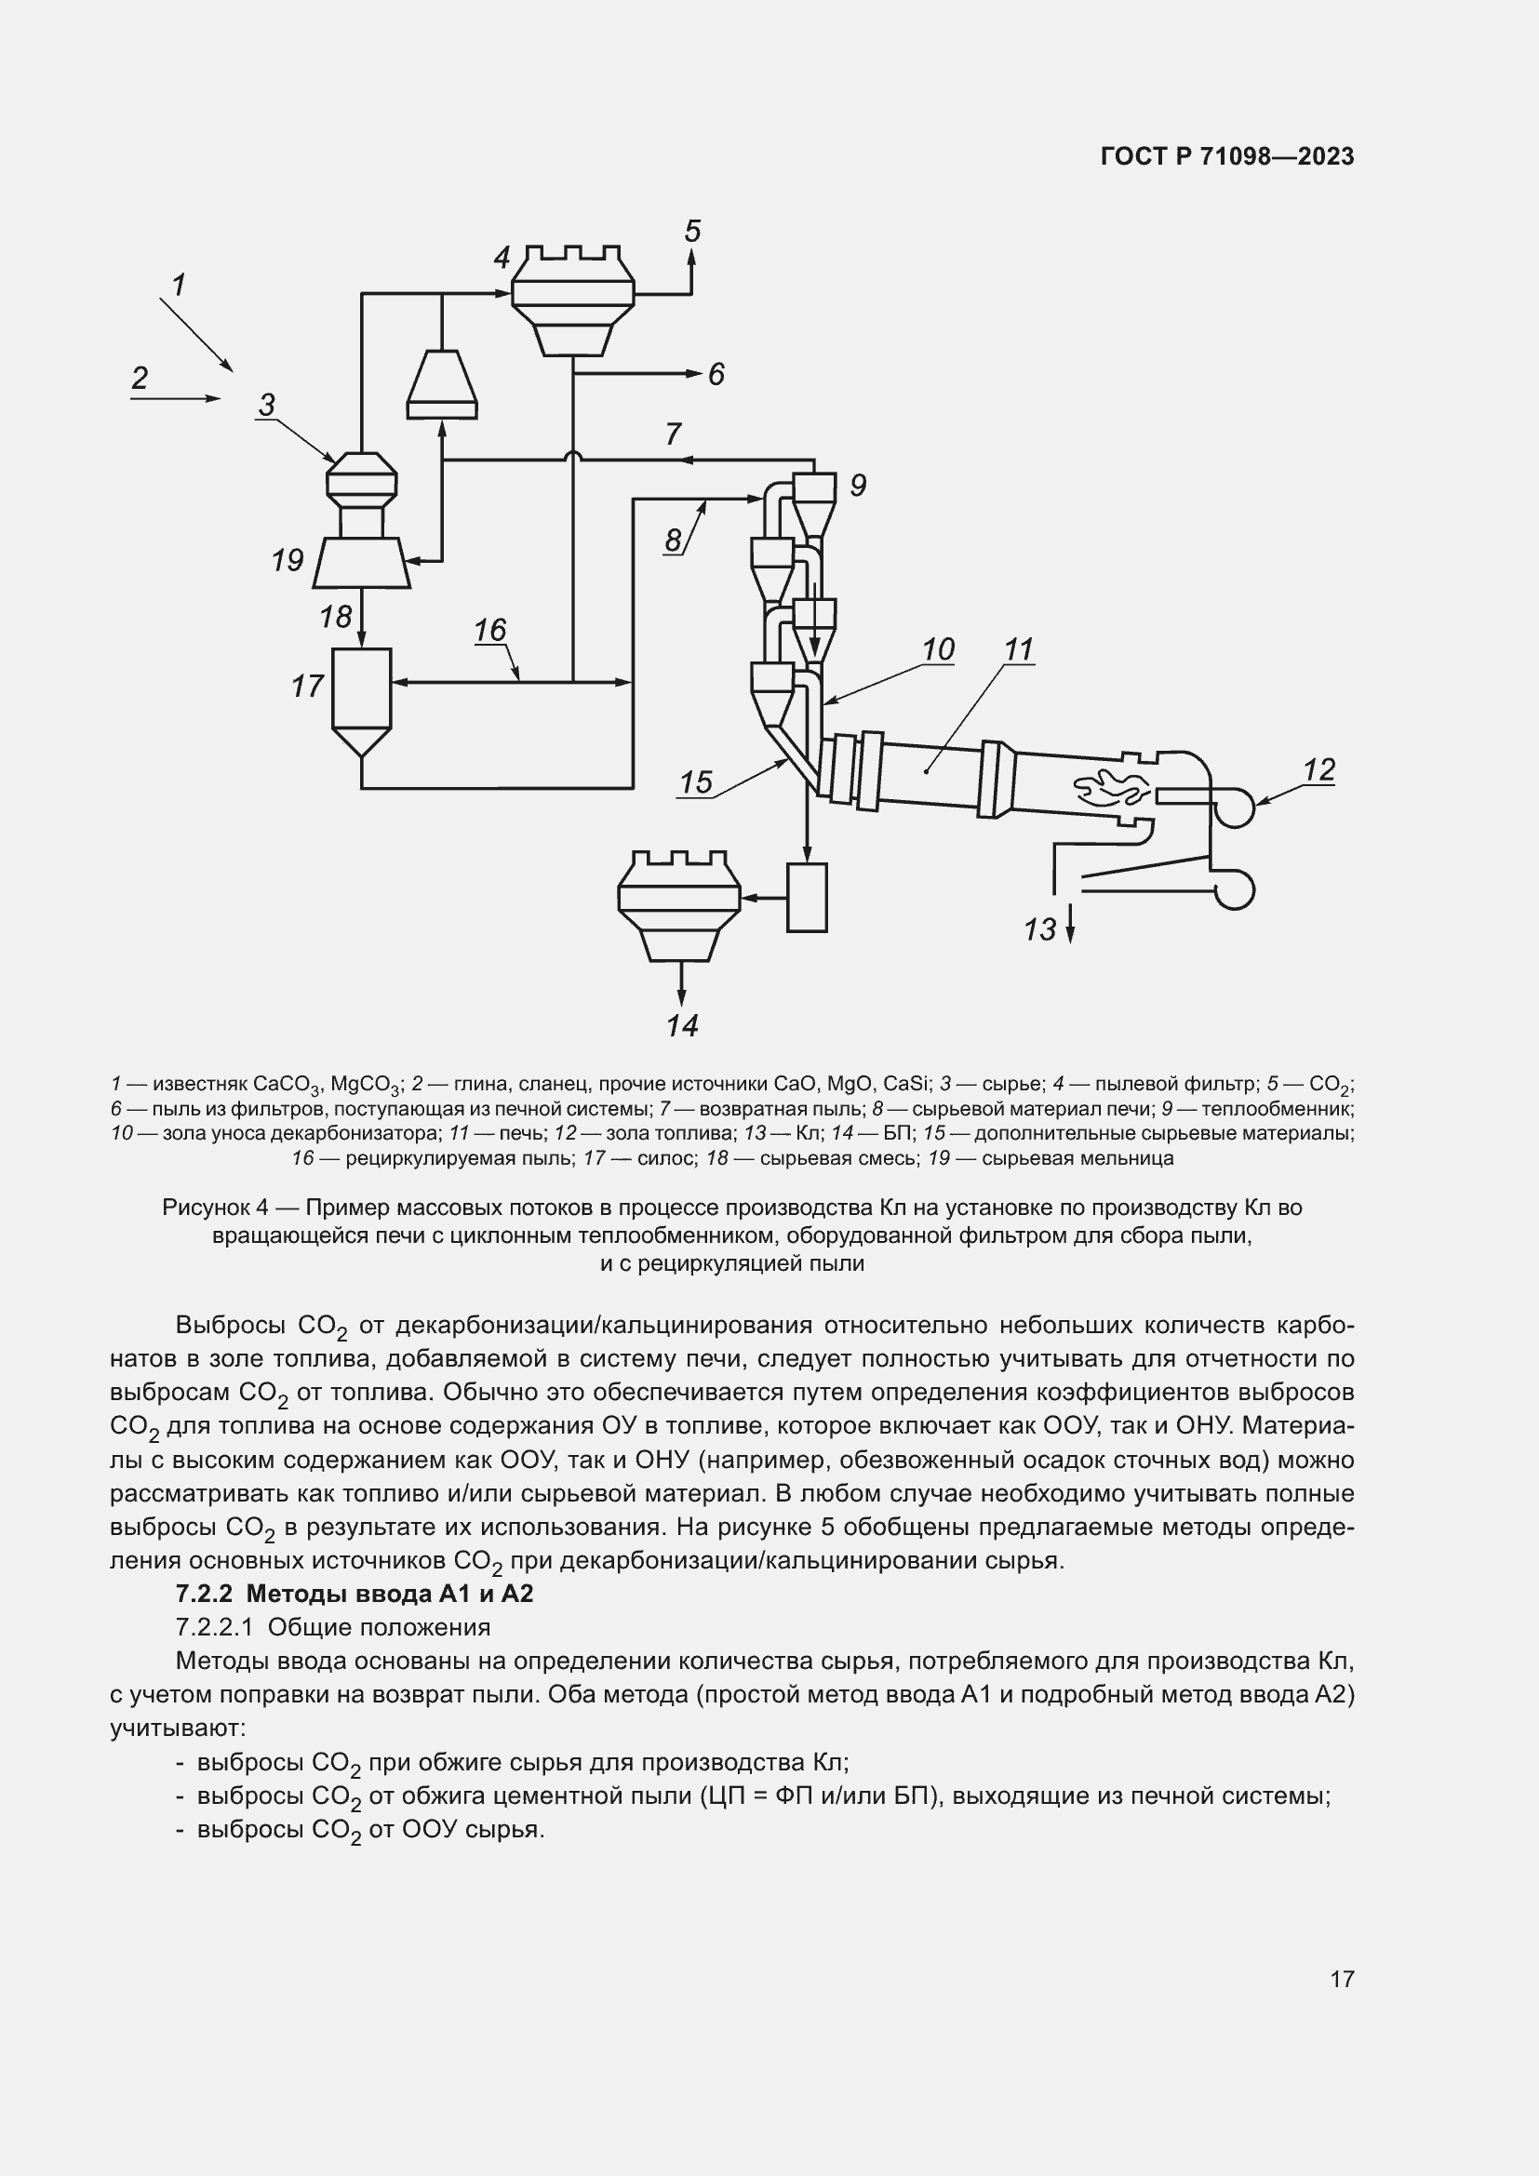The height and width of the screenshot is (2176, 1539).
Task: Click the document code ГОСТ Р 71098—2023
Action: [1227, 156]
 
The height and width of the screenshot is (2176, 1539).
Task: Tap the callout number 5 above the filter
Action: [693, 232]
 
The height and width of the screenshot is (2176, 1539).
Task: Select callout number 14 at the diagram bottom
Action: [681, 1025]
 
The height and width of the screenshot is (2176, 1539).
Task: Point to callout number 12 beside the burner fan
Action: [1319, 769]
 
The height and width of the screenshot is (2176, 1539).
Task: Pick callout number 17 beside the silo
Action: [307, 686]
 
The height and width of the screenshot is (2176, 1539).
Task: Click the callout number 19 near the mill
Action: [288, 560]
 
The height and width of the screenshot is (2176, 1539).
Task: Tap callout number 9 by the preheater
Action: [858, 486]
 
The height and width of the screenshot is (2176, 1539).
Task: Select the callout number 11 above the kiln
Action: [1019, 649]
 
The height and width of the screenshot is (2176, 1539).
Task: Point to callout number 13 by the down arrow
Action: [1039, 928]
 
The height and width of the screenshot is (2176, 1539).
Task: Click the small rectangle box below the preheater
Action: [807, 897]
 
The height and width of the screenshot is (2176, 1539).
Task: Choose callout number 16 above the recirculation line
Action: [490, 629]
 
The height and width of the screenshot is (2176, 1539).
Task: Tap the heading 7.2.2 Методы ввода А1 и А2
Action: [355, 1593]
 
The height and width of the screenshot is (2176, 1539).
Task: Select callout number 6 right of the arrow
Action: [716, 374]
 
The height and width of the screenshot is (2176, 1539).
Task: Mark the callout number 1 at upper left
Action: [178, 285]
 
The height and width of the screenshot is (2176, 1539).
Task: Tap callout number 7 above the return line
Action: [673, 434]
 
